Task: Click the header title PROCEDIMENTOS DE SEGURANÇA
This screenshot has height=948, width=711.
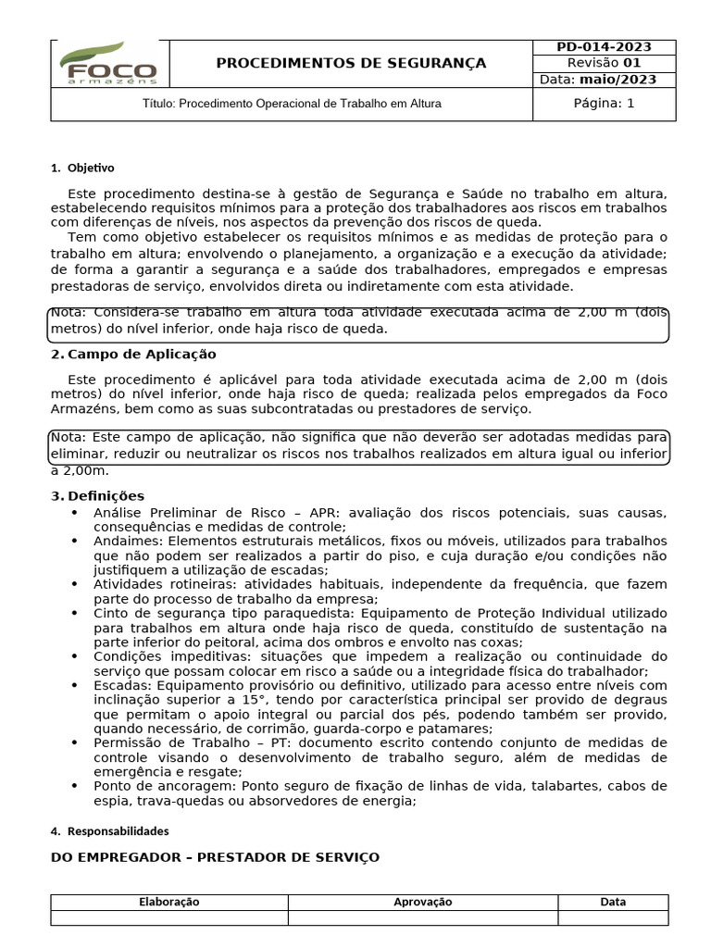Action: [x=351, y=63]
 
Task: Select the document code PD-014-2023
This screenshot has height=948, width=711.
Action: [x=604, y=47]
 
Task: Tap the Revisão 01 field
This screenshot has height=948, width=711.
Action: [x=604, y=63]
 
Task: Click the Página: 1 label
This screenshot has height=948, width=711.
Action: [x=604, y=104]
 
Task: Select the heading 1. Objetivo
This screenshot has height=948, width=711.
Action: [x=82, y=168]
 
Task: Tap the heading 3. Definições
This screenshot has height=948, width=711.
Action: [x=98, y=496]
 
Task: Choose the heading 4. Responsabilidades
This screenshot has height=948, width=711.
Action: [x=109, y=831]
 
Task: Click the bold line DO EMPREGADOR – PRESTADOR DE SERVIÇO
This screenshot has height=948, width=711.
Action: [x=215, y=858]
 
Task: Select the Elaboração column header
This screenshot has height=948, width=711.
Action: [x=168, y=902]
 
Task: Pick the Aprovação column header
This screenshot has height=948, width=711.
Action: [x=422, y=902]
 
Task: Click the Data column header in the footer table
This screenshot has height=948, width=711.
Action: [x=612, y=902]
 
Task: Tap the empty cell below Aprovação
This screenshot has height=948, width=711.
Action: [x=422, y=917]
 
